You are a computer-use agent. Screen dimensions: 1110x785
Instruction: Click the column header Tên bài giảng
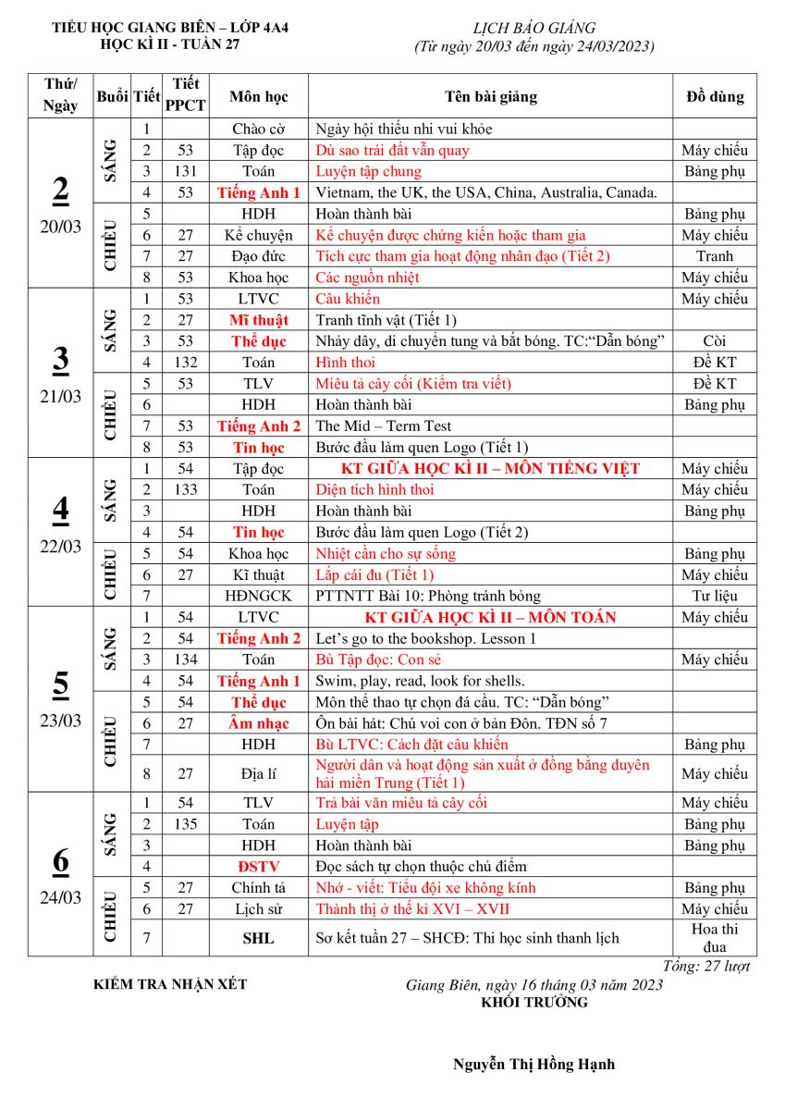coord(490,96)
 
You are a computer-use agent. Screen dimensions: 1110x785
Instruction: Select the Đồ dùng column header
coord(714,96)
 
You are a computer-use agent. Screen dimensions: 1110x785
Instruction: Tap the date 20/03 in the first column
coord(60,228)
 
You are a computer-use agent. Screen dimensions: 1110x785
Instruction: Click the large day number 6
coord(60,861)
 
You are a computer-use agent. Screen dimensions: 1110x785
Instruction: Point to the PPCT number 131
coord(185,171)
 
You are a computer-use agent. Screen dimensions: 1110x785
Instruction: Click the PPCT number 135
coord(185,824)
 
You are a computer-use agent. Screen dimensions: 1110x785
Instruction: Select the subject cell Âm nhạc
coord(258,723)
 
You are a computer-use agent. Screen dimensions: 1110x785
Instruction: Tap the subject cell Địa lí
coord(258,773)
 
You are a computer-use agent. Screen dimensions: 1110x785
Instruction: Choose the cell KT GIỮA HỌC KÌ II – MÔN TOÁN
coord(490,617)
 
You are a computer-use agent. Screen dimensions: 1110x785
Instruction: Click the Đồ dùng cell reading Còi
coord(714,341)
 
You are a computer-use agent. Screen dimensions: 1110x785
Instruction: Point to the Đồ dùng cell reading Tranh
coord(714,256)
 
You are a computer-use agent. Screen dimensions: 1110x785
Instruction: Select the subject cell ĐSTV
coord(258,867)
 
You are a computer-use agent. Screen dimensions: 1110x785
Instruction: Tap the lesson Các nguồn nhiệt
coord(368,277)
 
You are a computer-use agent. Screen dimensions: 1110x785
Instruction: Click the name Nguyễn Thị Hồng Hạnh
coord(534,1064)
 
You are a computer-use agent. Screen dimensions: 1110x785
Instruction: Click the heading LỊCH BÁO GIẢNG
coord(534,29)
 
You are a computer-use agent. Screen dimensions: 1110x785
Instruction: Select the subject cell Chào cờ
coord(258,129)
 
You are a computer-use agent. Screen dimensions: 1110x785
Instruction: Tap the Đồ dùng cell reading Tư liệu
coord(714,596)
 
